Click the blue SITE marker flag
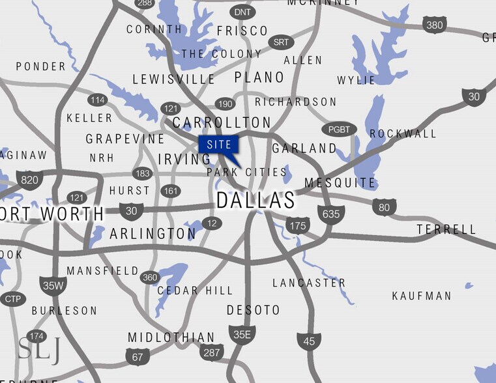[219, 145]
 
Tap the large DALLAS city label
[255, 201]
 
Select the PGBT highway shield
[340, 130]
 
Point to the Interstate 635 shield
[331, 214]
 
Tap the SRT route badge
[280, 42]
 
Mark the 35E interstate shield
[242, 335]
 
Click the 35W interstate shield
[52, 285]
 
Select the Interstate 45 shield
[309, 341]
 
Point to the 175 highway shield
[297, 226]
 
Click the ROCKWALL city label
[403, 134]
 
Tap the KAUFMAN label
[421, 296]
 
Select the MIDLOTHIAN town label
[171, 337]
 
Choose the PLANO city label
[259, 78]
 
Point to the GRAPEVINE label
[125, 139]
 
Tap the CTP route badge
[12, 299]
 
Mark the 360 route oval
[150, 277]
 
